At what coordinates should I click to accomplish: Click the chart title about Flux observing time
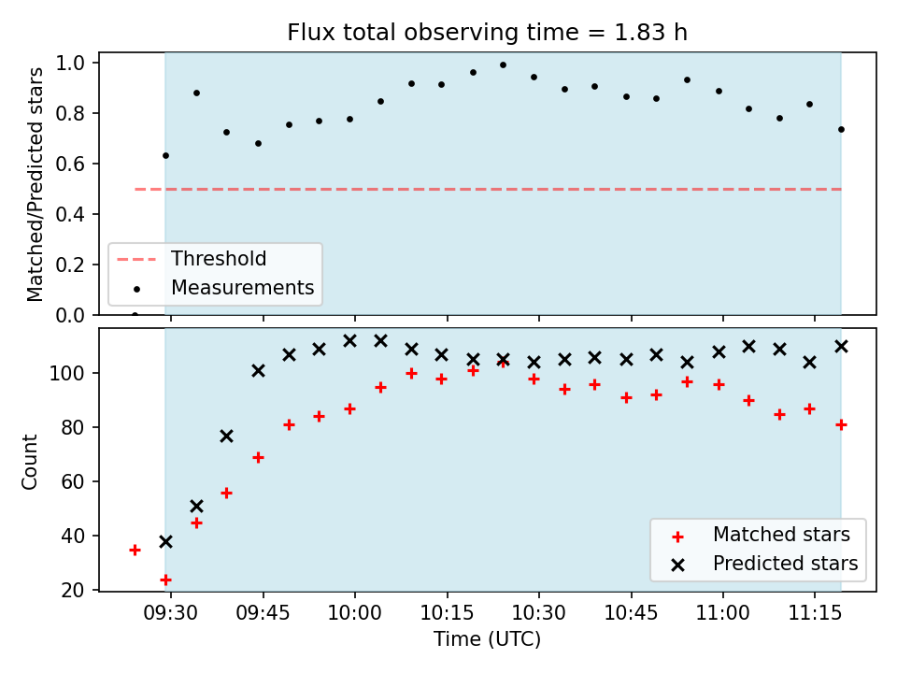click(487, 32)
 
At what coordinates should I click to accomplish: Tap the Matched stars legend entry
click(761, 535)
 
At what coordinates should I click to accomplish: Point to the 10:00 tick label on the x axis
click(355, 613)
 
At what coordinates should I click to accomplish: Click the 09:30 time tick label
click(170, 613)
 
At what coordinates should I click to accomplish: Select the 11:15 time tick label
click(815, 613)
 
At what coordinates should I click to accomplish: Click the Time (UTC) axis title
click(487, 638)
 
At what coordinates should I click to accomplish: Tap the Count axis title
click(29, 462)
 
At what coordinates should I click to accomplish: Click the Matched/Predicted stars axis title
click(35, 184)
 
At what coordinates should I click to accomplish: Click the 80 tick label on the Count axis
click(73, 427)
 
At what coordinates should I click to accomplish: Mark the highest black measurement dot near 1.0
click(504, 65)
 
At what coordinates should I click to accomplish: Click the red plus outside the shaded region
click(135, 551)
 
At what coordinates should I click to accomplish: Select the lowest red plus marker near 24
click(166, 580)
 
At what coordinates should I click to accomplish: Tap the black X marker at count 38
click(166, 541)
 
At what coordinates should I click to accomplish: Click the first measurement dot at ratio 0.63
click(166, 156)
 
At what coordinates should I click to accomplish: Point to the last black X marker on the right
click(841, 346)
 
